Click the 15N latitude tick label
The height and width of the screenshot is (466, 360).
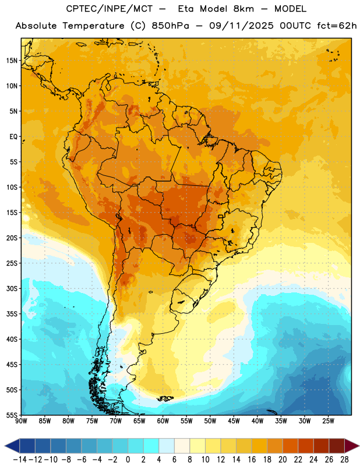click(x=12, y=61)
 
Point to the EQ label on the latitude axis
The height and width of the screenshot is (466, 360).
click(x=13, y=137)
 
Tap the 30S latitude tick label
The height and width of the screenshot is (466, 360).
click(x=12, y=288)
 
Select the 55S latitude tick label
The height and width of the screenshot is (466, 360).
click(x=12, y=415)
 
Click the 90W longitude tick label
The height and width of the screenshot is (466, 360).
click(x=22, y=421)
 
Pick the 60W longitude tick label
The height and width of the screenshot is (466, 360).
click(x=163, y=421)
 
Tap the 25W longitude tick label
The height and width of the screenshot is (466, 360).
click(x=328, y=421)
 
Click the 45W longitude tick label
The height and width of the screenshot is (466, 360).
click(x=234, y=421)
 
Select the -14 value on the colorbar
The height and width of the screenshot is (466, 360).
click(x=20, y=460)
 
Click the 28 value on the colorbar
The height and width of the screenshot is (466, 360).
click(x=344, y=460)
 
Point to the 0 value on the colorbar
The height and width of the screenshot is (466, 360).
click(x=128, y=460)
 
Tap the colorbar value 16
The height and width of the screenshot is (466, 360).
click(x=252, y=460)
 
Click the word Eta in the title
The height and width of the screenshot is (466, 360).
click(x=186, y=9)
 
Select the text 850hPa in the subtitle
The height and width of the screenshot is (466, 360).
click(x=170, y=26)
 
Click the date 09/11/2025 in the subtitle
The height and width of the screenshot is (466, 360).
click(x=241, y=26)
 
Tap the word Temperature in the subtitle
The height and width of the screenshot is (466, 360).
click(x=93, y=26)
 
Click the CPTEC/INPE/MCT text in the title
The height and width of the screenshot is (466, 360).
click(x=110, y=9)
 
